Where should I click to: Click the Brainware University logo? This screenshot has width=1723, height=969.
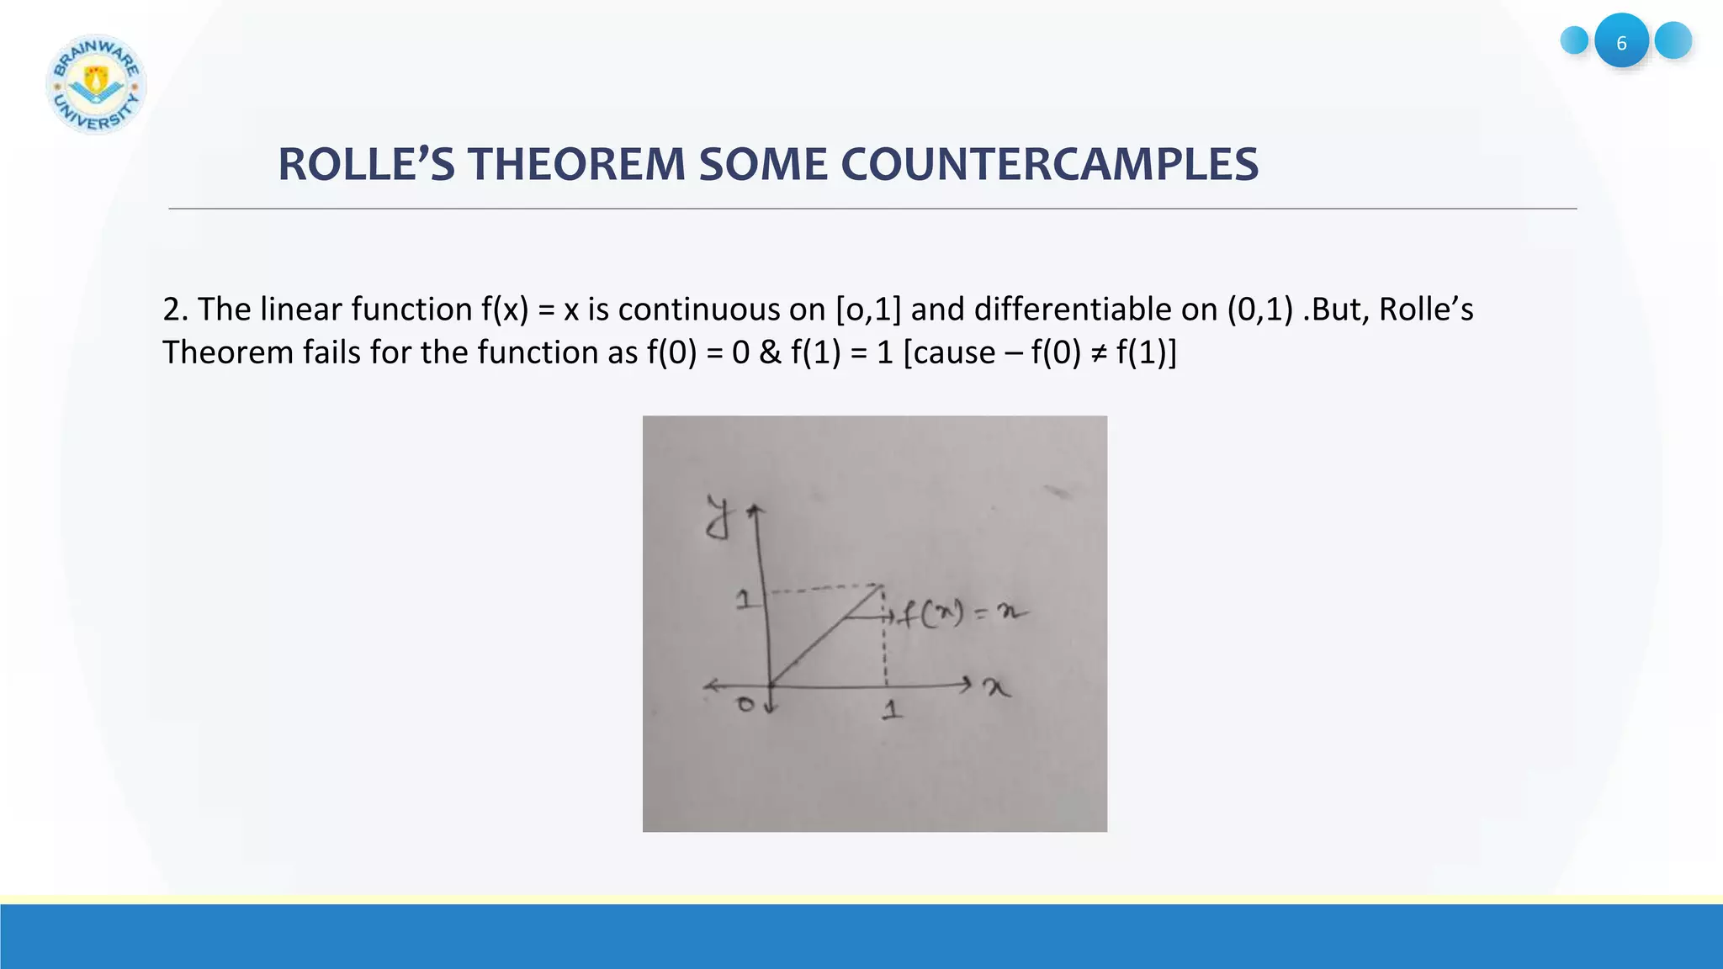point(96,84)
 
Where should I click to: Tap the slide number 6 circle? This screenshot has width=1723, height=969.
point(1621,41)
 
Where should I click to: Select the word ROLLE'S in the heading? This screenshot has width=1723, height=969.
point(366,164)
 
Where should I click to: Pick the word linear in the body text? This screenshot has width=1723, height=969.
point(300,310)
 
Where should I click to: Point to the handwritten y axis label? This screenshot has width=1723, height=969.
point(718,517)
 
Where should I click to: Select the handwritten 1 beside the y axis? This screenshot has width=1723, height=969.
point(744,600)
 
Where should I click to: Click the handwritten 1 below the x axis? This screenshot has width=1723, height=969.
point(892,711)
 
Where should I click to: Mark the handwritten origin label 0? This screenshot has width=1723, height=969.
point(745,704)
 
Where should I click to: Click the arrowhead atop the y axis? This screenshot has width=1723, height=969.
point(755,510)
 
